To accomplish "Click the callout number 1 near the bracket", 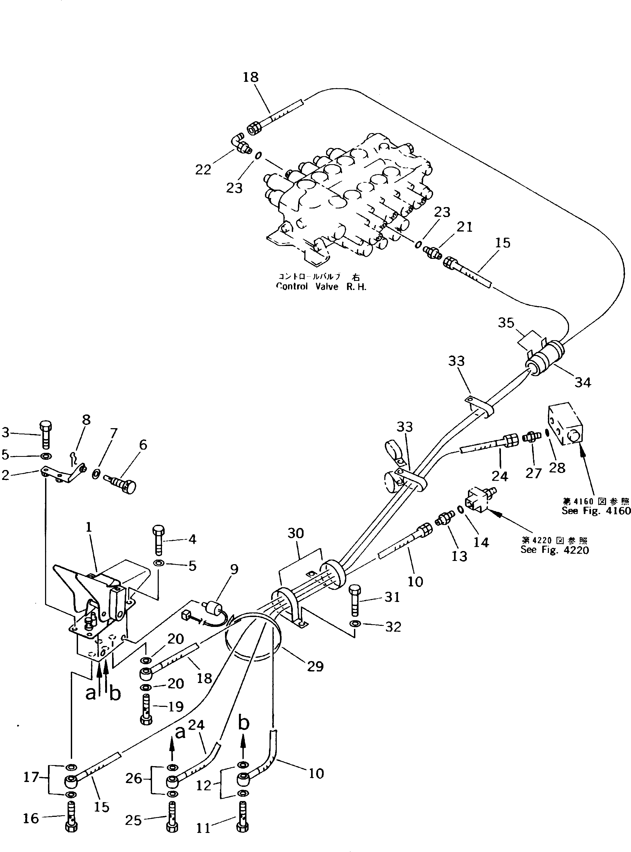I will click(88, 528).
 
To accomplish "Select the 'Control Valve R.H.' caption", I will click(321, 287).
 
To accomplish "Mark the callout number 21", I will click(464, 227).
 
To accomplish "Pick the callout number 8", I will click(86, 420).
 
